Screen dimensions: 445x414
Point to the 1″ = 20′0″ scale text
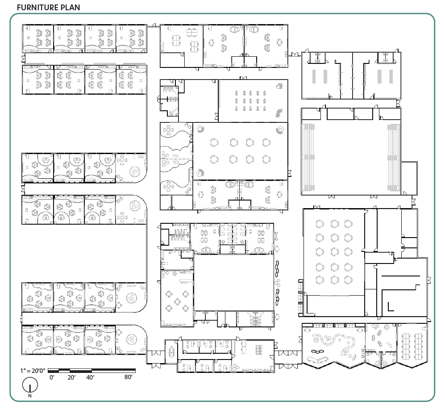(33, 371)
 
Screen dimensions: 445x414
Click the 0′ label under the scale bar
(52, 377)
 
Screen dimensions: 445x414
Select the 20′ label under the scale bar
(71, 377)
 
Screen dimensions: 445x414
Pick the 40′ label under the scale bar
(90, 377)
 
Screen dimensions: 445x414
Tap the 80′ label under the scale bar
(129, 377)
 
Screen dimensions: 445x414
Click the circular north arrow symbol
(30, 385)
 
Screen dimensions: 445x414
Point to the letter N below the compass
(30, 396)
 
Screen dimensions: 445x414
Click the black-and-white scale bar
(91, 370)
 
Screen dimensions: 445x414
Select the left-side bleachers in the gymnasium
(308, 157)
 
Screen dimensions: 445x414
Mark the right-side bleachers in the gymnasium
(394, 157)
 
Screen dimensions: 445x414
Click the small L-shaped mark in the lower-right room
(391, 307)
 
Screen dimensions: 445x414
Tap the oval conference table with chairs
(172, 352)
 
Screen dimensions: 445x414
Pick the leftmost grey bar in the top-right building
(314, 76)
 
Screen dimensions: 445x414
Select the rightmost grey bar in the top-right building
(391, 76)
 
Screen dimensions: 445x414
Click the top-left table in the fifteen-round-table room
(320, 224)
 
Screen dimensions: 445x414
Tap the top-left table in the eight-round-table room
(214, 142)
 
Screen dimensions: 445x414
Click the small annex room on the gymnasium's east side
(409, 178)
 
